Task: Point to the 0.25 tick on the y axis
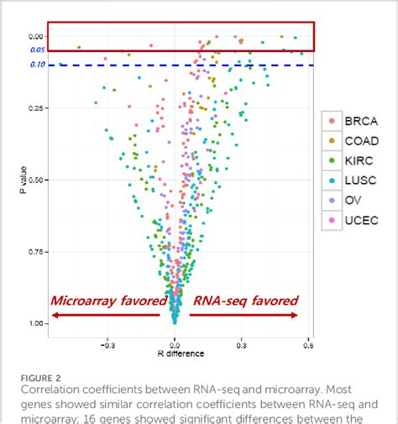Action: pyautogui.click(x=34, y=107)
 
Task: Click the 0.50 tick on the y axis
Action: pyautogui.click(x=34, y=180)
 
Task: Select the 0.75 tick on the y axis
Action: pyautogui.click(x=34, y=251)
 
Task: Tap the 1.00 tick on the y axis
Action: pyautogui.click(x=34, y=323)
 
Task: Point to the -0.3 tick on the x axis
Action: pyautogui.click(x=107, y=343)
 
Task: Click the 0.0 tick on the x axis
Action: pyautogui.click(x=175, y=343)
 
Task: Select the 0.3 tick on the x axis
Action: pyautogui.click(x=242, y=343)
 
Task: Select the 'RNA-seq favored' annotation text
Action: pyautogui.click(x=244, y=301)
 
